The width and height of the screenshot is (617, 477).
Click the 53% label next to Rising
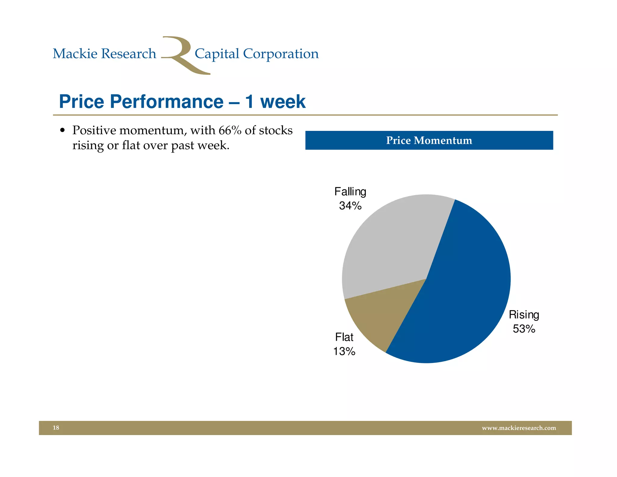pyautogui.click(x=524, y=329)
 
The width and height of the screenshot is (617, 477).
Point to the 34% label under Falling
pyautogui.click(x=350, y=206)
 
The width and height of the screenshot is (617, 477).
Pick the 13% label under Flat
pyautogui.click(x=344, y=351)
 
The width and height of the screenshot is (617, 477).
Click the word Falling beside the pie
pyautogui.click(x=350, y=192)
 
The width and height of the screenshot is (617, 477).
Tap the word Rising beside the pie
pyautogui.click(x=524, y=315)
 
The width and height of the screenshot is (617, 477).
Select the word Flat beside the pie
pyautogui.click(x=344, y=337)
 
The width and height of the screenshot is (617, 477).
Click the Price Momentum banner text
pyautogui.click(x=429, y=141)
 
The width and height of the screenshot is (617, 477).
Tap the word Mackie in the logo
pyautogui.click(x=75, y=54)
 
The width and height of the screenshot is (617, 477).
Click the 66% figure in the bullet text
pyautogui.click(x=230, y=130)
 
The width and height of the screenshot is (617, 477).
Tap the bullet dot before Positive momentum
pyautogui.click(x=62, y=130)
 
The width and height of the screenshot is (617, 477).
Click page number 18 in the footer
pyautogui.click(x=56, y=428)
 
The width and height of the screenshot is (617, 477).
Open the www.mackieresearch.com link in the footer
pyautogui.click(x=519, y=428)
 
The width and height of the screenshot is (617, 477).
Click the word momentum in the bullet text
pyautogui.click(x=153, y=131)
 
